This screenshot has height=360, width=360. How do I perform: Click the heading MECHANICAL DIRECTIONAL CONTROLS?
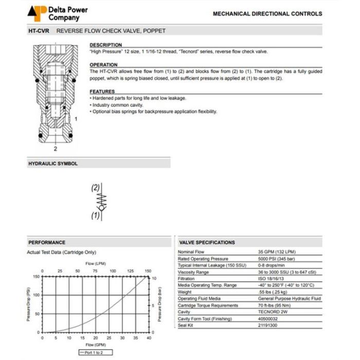(x=267, y=14)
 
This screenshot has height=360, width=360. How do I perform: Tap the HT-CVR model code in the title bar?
(x=39, y=31)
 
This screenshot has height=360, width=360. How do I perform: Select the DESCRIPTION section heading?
(x=106, y=45)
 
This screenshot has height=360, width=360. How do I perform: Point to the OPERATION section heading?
(x=103, y=65)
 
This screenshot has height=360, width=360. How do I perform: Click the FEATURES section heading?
(x=102, y=92)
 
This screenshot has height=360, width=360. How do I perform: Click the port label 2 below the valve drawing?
(x=55, y=149)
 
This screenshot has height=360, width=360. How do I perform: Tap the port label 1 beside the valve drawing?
(x=76, y=118)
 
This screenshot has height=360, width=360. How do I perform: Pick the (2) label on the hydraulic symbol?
(x=95, y=188)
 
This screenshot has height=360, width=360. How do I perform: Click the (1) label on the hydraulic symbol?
(x=95, y=216)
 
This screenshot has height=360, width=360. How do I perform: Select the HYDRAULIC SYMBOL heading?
(x=52, y=164)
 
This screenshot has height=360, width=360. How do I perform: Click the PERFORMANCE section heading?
(x=47, y=242)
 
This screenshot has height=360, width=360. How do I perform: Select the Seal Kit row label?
(x=186, y=326)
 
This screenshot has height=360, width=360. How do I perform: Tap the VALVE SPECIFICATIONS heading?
(x=207, y=242)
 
